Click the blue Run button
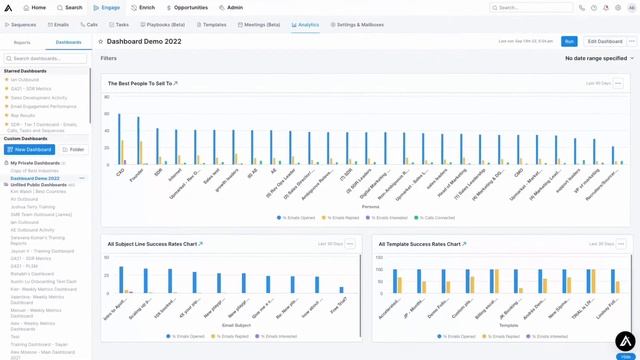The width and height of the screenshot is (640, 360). [x=569, y=41]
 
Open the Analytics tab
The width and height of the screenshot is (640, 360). [x=305, y=24]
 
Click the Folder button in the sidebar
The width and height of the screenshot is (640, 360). [x=75, y=149]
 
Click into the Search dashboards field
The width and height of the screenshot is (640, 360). [x=47, y=59]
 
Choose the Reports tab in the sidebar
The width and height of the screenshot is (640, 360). [x=22, y=43]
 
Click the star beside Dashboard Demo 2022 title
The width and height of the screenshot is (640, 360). [x=100, y=42]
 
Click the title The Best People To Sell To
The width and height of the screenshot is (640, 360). [x=140, y=84]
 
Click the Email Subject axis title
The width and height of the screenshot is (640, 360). [x=236, y=325]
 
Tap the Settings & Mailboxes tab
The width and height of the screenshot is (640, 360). [x=361, y=24]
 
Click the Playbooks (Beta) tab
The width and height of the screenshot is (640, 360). [x=165, y=24]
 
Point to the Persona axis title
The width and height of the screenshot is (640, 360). [x=370, y=207]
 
